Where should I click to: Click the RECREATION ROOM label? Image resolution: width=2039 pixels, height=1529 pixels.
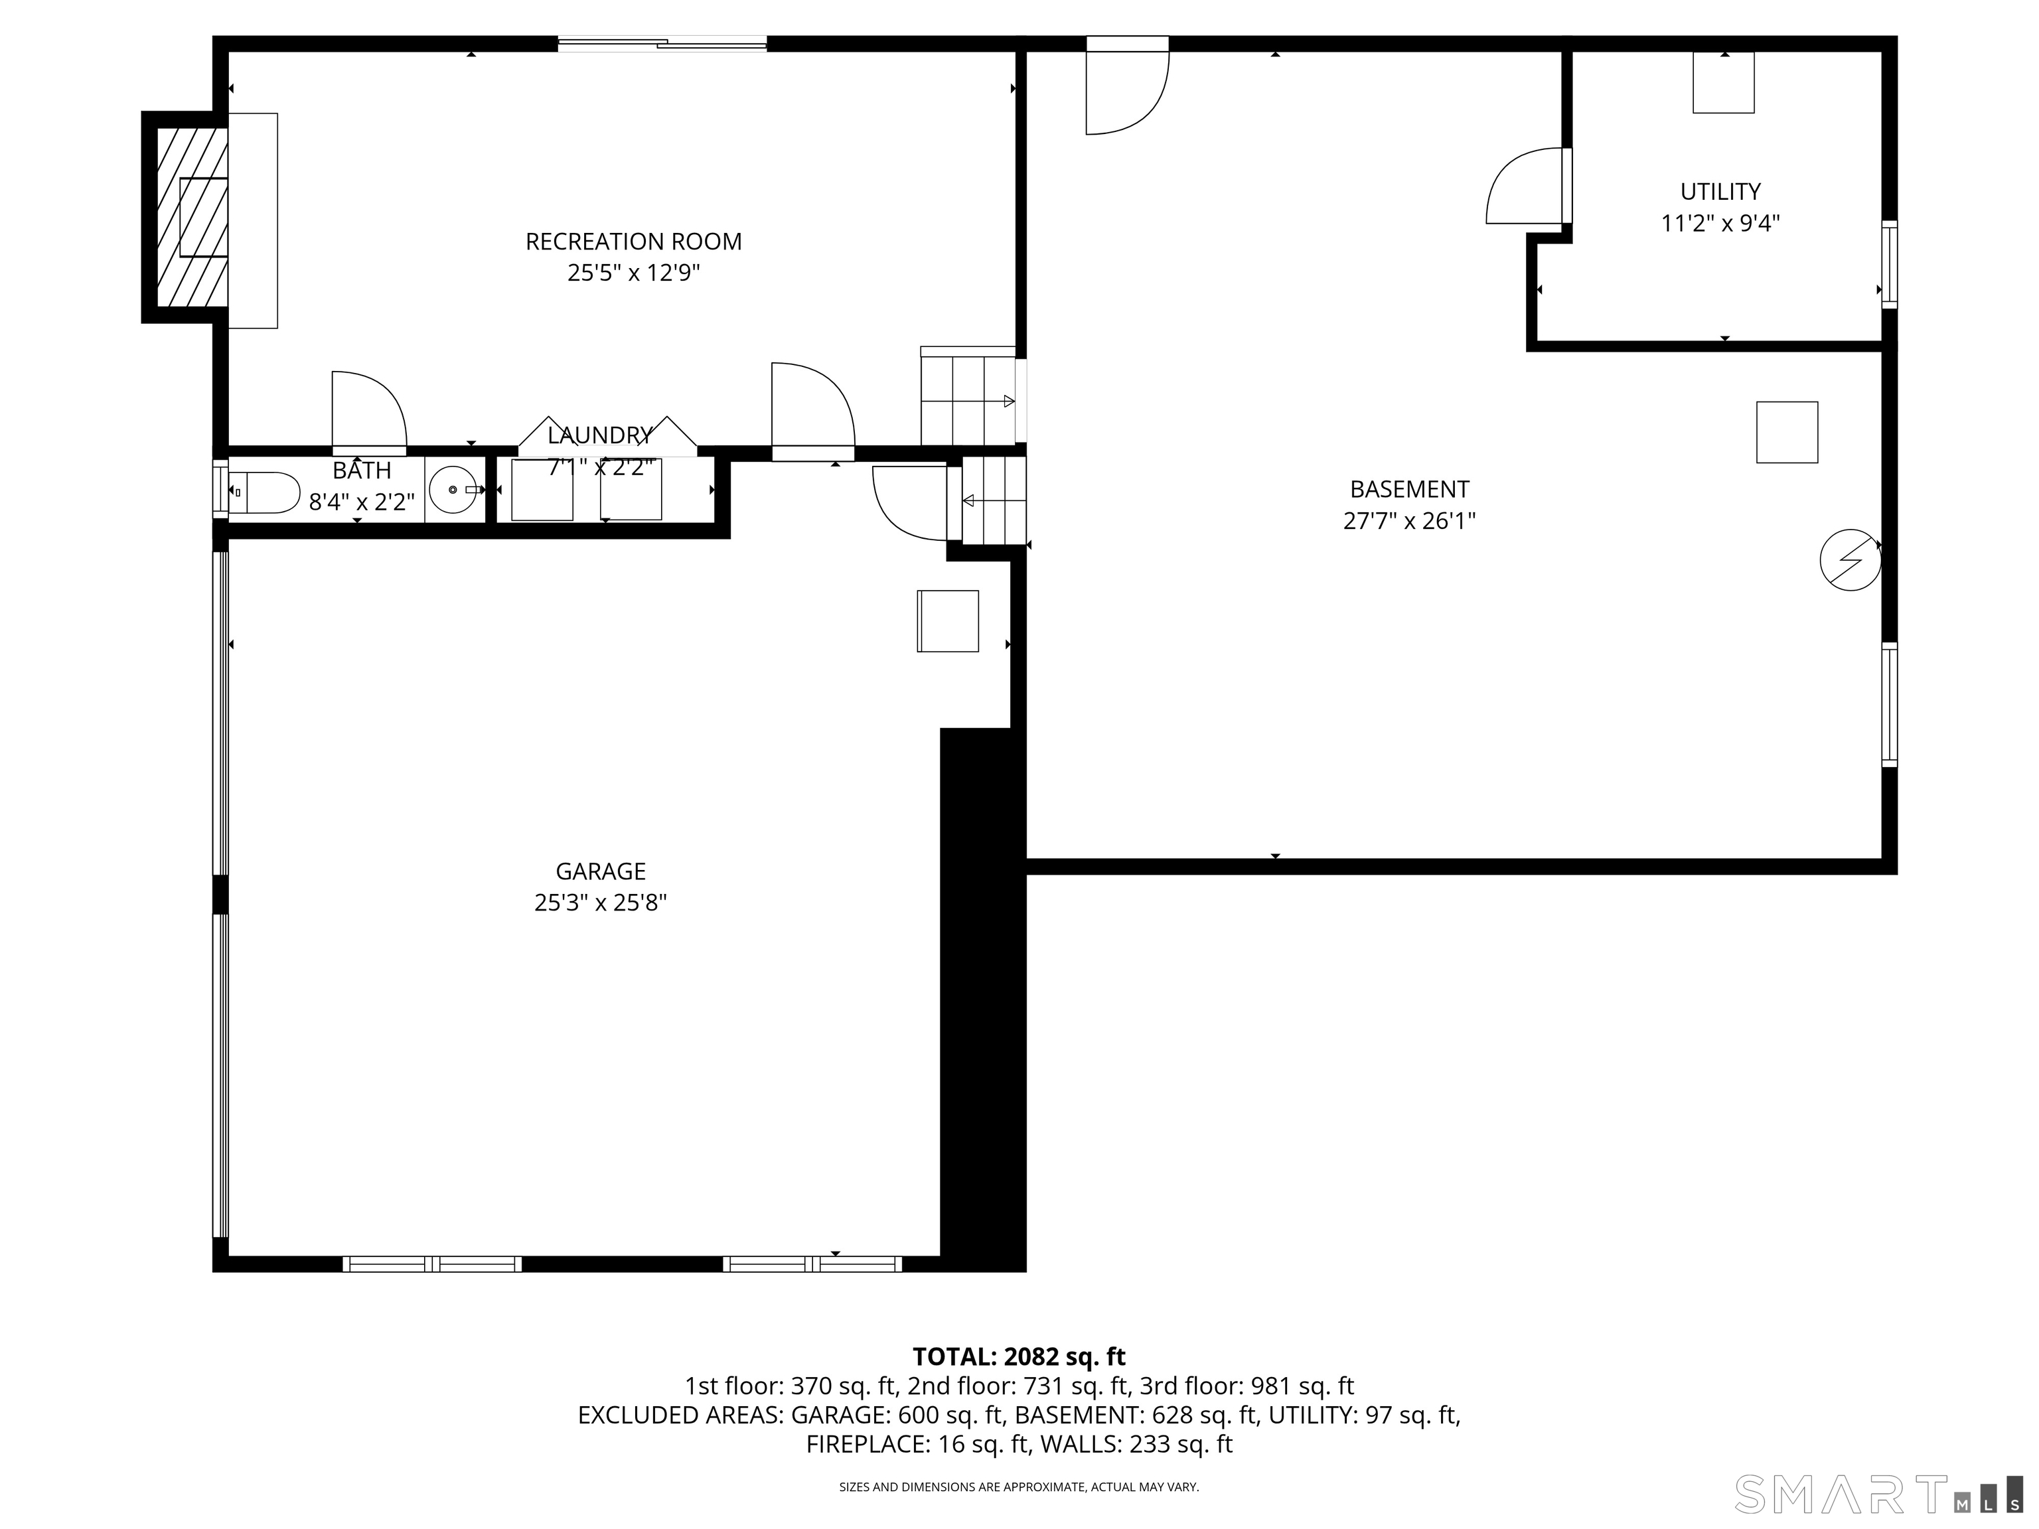(x=633, y=242)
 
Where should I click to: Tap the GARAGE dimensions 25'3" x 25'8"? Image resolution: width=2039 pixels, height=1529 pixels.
(x=600, y=903)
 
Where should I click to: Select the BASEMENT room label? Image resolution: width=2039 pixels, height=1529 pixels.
(x=1408, y=489)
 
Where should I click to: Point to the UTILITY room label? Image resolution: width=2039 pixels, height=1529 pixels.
(x=1720, y=192)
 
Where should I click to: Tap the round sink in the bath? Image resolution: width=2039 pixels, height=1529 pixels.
(x=453, y=490)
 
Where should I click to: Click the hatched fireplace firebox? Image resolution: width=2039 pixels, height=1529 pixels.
(x=192, y=218)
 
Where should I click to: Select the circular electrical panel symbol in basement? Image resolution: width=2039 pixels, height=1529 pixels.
(x=1849, y=559)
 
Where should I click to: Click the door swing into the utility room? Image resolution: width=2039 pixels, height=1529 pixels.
(x=1525, y=188)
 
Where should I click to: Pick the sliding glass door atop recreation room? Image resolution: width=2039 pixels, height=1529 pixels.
(x=662, y=42)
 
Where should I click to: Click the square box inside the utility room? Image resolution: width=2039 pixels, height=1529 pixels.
(x=1722, y=82)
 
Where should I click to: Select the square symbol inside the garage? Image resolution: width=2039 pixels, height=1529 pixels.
(x=948, y=621)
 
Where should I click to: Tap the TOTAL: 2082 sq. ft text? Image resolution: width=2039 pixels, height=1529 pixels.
(x=1019, y=1356)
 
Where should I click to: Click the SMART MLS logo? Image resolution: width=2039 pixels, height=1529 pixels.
(x=1876, y=1494)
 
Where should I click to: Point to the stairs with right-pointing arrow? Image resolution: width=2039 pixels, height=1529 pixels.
(x=968, y=399)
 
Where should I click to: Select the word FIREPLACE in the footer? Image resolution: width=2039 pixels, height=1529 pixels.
(x=866, y=1444)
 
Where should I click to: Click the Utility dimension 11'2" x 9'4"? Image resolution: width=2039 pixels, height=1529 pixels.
(x=1720, y=224)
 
